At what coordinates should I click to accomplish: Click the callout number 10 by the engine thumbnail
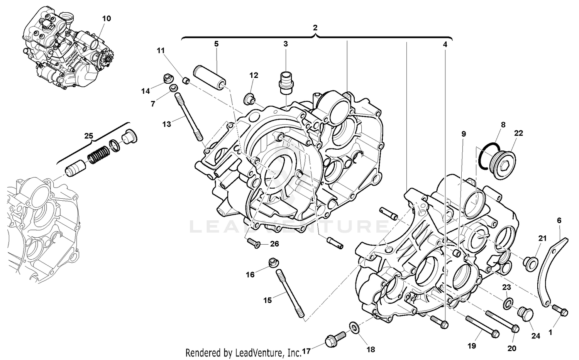(106, 19)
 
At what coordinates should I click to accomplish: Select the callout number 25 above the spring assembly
(89, 136)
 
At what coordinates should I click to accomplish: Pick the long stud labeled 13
(189, 118)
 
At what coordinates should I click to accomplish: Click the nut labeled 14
(168, 79)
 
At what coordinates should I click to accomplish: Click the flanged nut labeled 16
(273, 262)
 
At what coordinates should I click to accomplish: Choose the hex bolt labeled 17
(334, 338)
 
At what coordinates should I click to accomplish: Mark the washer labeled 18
(354, 328)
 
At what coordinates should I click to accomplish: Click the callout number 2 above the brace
(315, 28)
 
